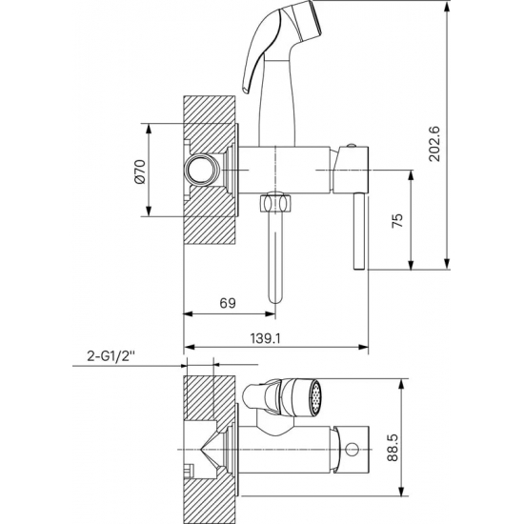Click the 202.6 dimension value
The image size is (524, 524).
[435, 144]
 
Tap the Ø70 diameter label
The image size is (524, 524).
[139, 171]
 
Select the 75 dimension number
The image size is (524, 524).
[397, 221]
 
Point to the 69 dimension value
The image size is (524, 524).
[228, 303]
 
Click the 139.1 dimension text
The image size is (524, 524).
[266, 339]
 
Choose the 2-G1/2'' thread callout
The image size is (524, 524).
[111, 356]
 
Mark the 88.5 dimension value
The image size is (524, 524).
[393, 448]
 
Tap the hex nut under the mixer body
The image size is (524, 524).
[275, 204]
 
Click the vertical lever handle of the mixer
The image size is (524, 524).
[359, 232]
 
